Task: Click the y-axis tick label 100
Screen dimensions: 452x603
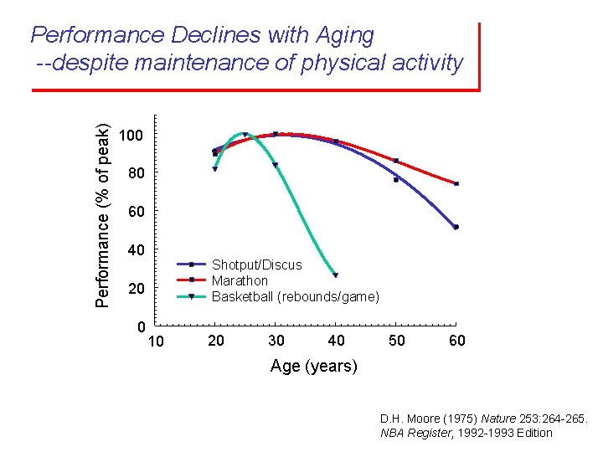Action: pos(131,136)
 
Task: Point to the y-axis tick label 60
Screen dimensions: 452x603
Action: pos(136,212)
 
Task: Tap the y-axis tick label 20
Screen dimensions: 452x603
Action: pos(136,289)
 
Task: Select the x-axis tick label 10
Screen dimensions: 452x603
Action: pos(156,342)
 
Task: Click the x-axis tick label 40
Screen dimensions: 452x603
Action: pos(336,341)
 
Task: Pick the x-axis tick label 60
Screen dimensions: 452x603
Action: pos(456,341)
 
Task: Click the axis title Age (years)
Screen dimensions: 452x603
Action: pos(313,366)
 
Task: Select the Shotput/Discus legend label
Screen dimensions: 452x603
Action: pos(256,265)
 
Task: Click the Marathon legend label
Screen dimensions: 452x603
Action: pos(240,280)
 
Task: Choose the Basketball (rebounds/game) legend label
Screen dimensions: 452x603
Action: pos(295,296)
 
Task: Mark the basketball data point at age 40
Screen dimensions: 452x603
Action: pos(335,275)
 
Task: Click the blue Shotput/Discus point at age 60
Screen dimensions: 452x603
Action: pos(456,227)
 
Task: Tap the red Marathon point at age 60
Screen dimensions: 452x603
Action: pos(456,183)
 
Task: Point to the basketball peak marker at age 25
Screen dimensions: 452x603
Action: pos(245,135)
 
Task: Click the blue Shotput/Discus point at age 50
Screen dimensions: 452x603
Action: pos(396,179)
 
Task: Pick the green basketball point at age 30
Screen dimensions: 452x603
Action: pos(275,165)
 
